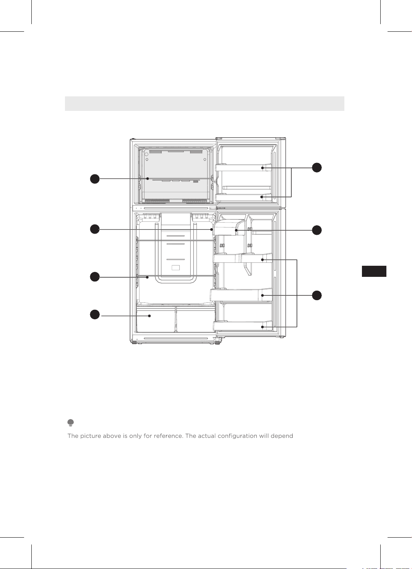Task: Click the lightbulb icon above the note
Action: pos(71,423)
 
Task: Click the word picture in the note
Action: pos(91,436)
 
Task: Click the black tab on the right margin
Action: pos(374,271)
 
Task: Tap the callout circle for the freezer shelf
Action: pos(95,179)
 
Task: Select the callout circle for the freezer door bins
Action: pos(316,167)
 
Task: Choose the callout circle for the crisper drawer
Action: pos(95,314)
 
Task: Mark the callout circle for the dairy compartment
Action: pos(316,230)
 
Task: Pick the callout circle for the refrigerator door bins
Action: pos(316,296)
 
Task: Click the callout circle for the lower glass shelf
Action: pos(95,277)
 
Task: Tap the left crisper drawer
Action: pos(156,319)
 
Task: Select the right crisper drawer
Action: pos(195,319)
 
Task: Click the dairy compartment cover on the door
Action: pos(229,228)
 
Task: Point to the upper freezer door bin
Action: pos(243,167)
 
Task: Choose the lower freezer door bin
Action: pos(243,197)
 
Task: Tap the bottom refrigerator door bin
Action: pos(242,325)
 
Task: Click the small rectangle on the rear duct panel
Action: pos(176,267)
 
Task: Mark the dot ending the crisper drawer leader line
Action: pos(149,316)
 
